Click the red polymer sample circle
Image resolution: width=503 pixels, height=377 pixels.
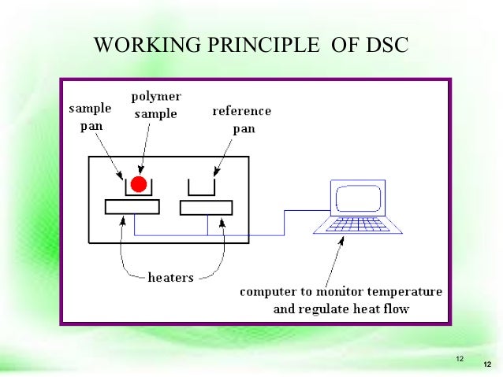[x=139, y=185]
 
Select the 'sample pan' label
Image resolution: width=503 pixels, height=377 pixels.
[x=90, y=117]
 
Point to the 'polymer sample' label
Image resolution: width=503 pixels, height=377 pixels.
[x=155, y=104]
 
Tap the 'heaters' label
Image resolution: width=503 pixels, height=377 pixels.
[x=171, y=277]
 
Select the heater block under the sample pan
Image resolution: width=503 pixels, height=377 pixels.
[x=132, y=207]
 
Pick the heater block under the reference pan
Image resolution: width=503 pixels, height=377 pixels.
[x=206, y=208]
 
